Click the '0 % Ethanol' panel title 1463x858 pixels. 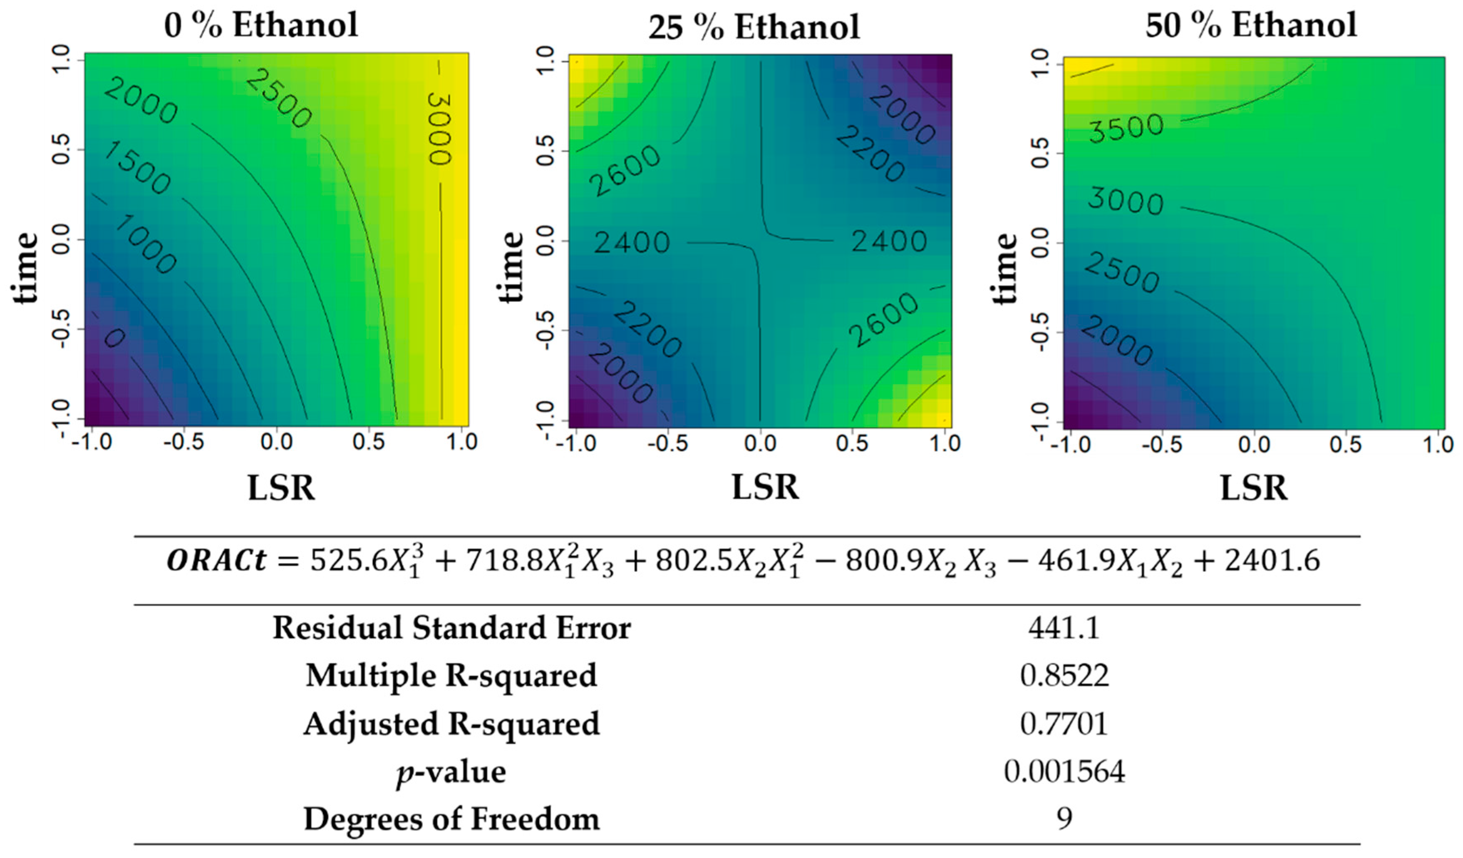click(261, 25)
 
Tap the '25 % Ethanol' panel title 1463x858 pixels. click(754, 28)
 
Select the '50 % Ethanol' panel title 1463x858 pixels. click(1251, 25)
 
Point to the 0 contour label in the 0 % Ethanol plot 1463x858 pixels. click(114, 337)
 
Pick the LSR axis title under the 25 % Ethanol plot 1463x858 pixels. click(765, 487)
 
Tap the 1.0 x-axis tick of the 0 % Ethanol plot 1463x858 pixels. click(461, 443)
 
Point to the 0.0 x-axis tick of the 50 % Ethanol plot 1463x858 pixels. click(1254, 445)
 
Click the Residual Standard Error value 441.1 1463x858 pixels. click(1064, 628)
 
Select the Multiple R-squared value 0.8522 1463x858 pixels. click(1064, 676)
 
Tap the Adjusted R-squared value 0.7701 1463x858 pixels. click(1064, 724)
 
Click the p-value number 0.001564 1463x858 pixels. click(1064, 772)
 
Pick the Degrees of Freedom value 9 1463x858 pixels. click(1064, 819)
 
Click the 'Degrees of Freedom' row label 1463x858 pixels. click(451, 819)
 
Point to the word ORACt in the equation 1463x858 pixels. click(216, 561)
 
